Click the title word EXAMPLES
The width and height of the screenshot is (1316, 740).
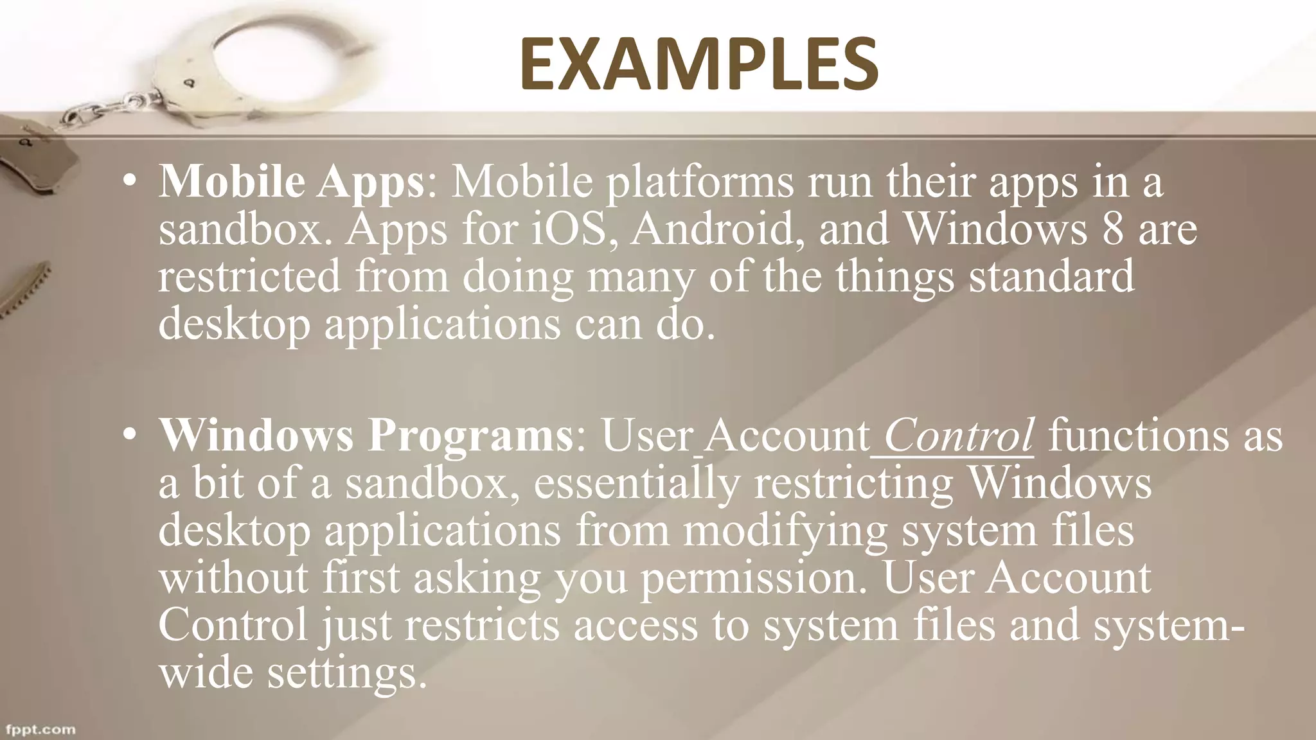(x=698, y=64)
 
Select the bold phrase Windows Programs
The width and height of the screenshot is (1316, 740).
(x=366, y=436)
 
